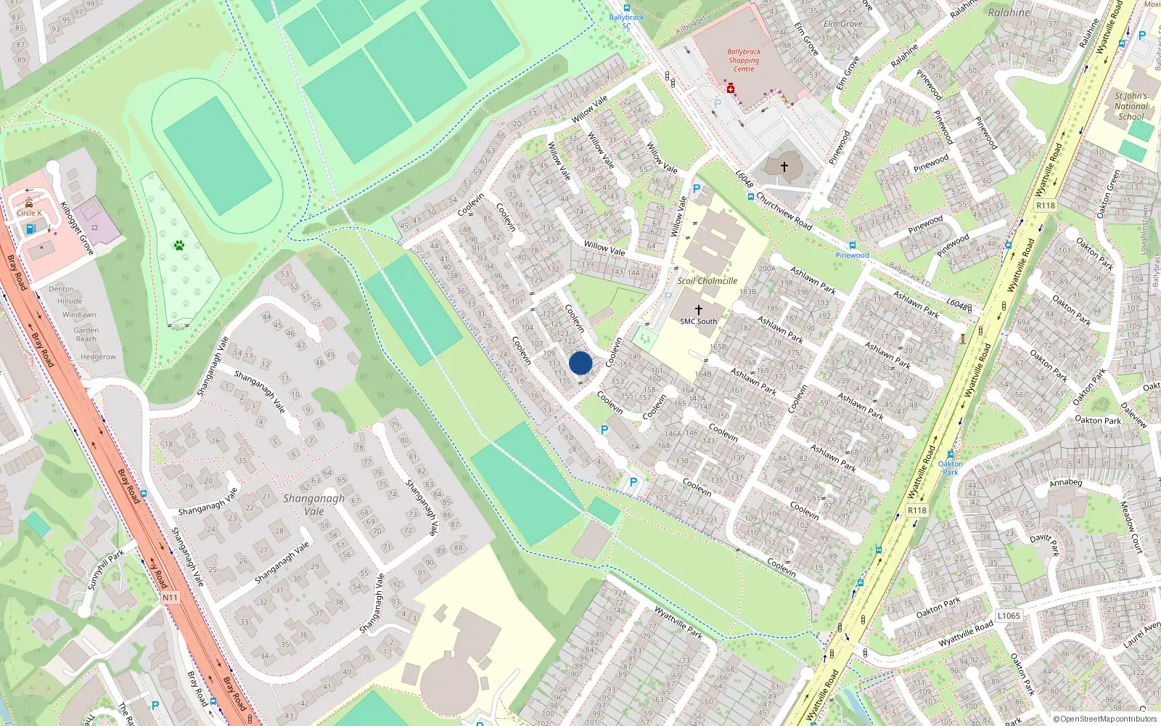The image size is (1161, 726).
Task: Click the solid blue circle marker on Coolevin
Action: [580, 363]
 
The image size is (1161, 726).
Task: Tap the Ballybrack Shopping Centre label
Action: [744, 60]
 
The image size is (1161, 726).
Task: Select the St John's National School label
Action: [1131, 106]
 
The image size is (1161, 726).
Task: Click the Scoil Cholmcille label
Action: [707, 281]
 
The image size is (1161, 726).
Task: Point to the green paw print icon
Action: [179, 245]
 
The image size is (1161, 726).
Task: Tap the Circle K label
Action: [29, 213]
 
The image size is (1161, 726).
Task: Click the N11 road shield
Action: [170, 597]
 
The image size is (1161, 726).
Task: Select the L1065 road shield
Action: [1009, 616]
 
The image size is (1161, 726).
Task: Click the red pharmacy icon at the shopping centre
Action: [731, 89]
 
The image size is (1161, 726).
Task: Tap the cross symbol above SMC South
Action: [698, 310]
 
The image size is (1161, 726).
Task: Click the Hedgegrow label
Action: [98, 357]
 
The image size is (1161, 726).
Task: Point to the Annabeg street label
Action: [1065, 483]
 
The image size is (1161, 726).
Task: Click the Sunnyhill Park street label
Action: [106, 569]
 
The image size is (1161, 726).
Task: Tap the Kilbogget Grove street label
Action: [77, 228]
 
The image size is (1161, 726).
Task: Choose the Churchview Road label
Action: [783, 210]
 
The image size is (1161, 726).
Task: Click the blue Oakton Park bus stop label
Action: [950, 468]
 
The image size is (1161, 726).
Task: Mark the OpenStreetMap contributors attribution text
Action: [1105, 719]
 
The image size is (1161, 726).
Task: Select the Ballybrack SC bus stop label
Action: [626, 22]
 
